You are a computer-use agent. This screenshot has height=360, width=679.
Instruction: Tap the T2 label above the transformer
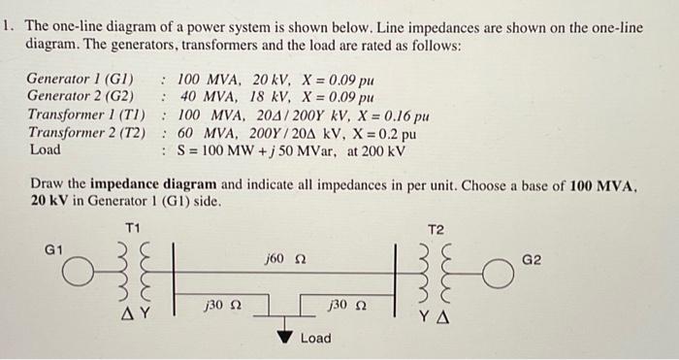click(x=436, y=229)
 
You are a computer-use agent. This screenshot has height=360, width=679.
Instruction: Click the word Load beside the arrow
click(x=315, y=339)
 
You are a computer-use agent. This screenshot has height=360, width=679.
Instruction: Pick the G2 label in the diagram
click(x=533, y=261)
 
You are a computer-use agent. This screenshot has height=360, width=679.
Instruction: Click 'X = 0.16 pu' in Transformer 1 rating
click(x=387, y=115)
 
